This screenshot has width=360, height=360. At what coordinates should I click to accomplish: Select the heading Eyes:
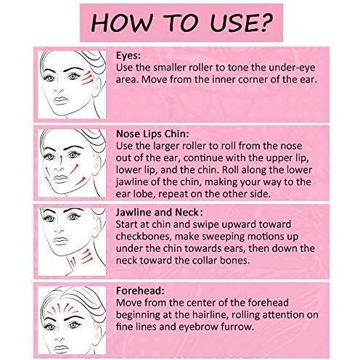[128, 55]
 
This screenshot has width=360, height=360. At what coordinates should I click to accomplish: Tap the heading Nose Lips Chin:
[152, 134]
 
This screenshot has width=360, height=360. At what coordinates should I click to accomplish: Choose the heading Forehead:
[140, 290]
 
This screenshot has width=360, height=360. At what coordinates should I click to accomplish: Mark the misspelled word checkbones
[144, 236]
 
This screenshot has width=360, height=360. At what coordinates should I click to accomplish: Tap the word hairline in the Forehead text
[210, 314]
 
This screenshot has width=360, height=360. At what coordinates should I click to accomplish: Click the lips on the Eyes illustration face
[61, 101]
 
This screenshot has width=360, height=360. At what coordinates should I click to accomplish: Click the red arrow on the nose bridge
[61, 158]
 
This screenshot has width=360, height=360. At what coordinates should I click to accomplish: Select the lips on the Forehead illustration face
[61, 348]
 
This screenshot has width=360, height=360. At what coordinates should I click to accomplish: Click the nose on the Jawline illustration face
[59, 230]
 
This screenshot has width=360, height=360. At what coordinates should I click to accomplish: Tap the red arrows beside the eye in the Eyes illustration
[87, 78]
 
